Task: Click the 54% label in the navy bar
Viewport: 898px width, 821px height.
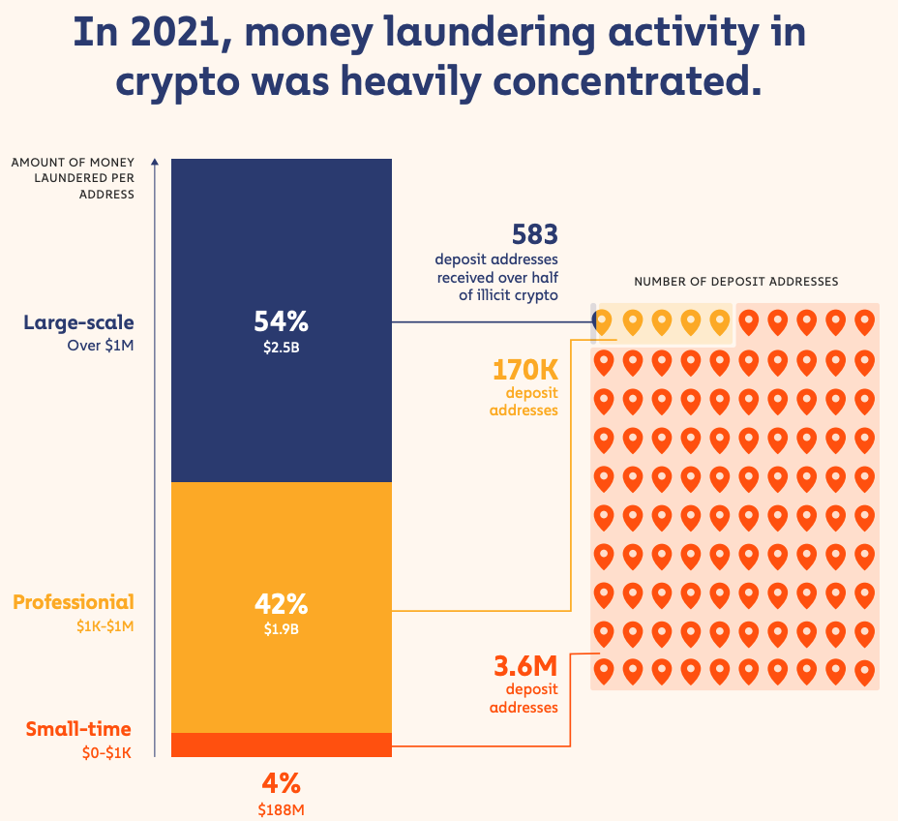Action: click(x=282, y=321)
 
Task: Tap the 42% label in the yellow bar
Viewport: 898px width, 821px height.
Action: click(x=282, y=604)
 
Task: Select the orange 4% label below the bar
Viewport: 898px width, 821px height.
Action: click(x=282, y=783)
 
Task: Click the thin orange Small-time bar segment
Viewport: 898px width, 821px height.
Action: click(x=282, y=745)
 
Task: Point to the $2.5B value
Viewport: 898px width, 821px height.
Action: click(x=282, y=348)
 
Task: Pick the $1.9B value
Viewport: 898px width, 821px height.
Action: click(x=282, y=629)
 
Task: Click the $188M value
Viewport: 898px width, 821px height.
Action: click(x=282, y=809)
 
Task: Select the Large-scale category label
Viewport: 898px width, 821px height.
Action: click(x=78, y=322)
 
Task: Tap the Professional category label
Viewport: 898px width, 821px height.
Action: click(x=74, y=602)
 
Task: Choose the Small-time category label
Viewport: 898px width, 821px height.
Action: click(x=78, y=729)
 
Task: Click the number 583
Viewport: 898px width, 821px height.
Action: click(x=535, y=234)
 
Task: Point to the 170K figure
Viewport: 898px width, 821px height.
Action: click(x=525, y=370)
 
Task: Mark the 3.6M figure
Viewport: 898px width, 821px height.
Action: click(x=525, y=666)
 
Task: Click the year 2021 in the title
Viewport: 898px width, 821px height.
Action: click(x=175, y=33)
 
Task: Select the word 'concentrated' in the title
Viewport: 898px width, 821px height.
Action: click(x=627, y=81)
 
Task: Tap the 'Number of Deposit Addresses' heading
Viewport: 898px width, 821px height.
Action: click(x=736, y=282)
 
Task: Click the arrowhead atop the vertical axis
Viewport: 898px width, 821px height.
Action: click(x=155, y=161)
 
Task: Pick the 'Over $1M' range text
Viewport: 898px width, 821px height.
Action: click(x=101, y=346)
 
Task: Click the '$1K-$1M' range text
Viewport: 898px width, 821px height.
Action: click(x=105, y=626)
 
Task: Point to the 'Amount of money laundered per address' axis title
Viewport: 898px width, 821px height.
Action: click(x=73, y=178)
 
